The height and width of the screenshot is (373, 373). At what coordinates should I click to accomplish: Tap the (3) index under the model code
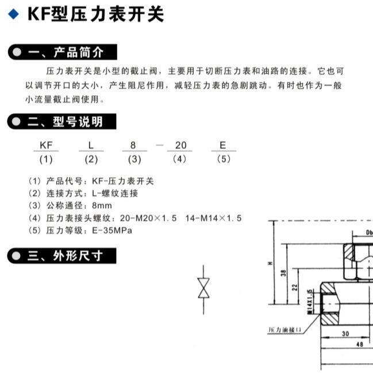point(134,159)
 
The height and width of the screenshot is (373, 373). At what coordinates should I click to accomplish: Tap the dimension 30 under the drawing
point(345,333)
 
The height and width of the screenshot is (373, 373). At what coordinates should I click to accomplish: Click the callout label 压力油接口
point(286,331)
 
